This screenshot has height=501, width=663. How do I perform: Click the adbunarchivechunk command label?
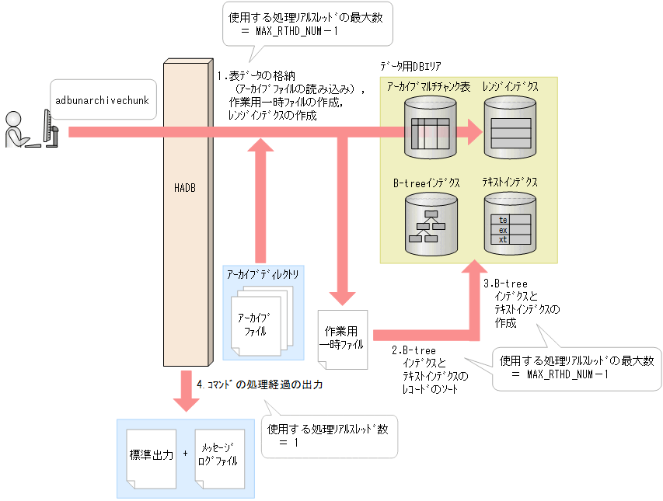[x=102, y=100]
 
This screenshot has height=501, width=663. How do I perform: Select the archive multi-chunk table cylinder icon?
[x=428, y=130]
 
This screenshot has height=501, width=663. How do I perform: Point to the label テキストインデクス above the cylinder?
[x=510, y=183]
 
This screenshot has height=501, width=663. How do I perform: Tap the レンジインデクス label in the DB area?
[x=510, y=87]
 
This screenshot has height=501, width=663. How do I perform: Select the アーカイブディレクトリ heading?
[x=262, y=274]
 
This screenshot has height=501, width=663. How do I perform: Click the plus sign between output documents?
[x=185, y=453]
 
